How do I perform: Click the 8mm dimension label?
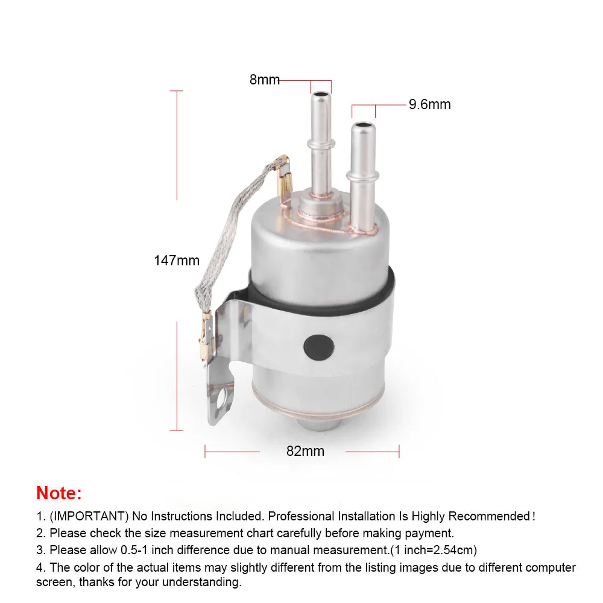pyautogui.click(x=265, y=80)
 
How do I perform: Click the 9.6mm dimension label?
pyautogui.click(x=429, y=104)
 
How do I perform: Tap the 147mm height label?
pyautogui.click(x=177, y=260)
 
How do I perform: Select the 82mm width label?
pyautogui.click(x=305, y=450)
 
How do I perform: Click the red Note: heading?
pyautogui.click(x=59, y=493)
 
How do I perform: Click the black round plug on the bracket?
pyautogui.click(x=319, y=347)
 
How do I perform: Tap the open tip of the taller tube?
pyautogui.click(x=321, y=95)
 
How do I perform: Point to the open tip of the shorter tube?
pyautogui.click(x=364, y=125)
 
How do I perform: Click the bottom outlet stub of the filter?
pyautogui.click(x=318, y=424)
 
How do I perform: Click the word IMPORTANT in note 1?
pyautogui.click(x=89, y=516)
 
